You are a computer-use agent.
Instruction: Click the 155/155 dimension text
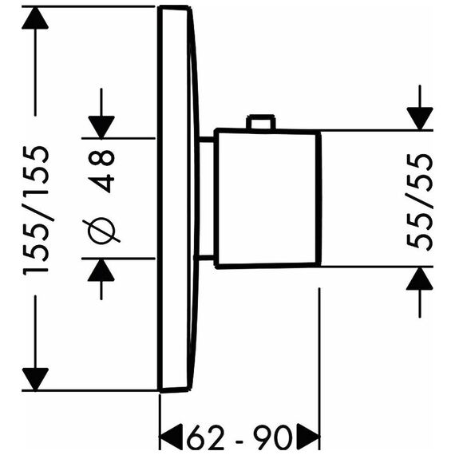(36, 211)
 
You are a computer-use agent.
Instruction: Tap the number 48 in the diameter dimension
(102, 172)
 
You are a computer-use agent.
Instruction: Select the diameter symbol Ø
(101, 231)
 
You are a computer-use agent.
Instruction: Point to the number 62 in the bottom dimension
(205, 437)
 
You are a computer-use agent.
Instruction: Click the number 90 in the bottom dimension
(272, 437)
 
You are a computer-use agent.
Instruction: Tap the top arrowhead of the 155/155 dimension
(35, 18)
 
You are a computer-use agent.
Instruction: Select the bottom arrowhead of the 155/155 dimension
(35, 379)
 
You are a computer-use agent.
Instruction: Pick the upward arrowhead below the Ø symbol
(101, 270)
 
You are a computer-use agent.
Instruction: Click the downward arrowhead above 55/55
(420, 118)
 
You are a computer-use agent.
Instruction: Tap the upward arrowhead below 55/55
(420, 279)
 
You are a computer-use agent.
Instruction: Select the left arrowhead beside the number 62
(172, 437)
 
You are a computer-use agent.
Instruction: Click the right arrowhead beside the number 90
(308, 437)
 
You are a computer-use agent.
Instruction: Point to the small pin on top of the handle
(260, 122)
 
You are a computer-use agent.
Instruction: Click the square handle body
(268, 198)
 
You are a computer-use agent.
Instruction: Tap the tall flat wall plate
(174, 199)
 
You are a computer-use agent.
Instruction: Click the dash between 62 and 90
(239, 441)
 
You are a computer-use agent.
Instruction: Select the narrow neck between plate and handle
(205, 199)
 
